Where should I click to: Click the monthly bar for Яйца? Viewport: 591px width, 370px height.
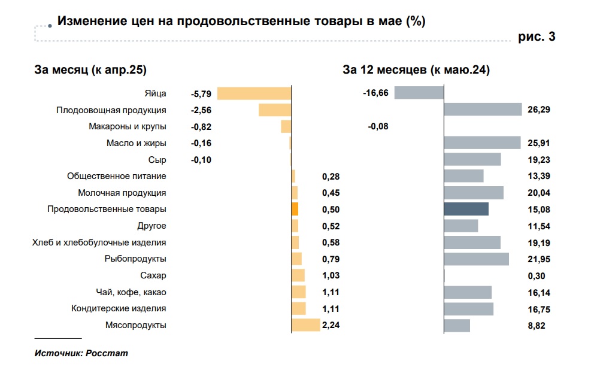pyautogui.click(x=254, y=93)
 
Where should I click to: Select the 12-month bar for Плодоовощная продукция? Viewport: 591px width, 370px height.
pyautogui.click(x=483, y=110)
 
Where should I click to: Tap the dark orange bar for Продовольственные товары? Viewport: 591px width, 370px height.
pyautogui.click(x=295, y=209)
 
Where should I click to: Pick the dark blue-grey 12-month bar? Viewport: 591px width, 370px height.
pyautogui.click(x=466, y=209)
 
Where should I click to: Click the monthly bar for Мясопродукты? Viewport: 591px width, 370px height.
pyautogui.click(x=305, y=325)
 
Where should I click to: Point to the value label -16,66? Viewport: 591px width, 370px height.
pyautogui.click(x=375, y=93)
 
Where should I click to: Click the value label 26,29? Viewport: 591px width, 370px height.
pyautogui.click(x=539, y=110)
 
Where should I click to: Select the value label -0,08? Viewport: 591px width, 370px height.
pyautogui.click(x=378, y=126)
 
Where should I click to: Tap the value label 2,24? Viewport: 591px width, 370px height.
pyautogui.click(x=331, y=325)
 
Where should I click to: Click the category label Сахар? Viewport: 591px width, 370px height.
pyautogui.click(x=153, y=275)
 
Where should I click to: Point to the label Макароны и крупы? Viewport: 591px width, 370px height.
pyautogui.click(x=127, y=126)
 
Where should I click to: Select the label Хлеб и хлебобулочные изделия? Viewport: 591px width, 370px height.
pyautogui.click(x=99, y=242)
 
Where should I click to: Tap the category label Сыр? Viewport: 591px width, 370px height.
pyautogui.click(x=157, y=160)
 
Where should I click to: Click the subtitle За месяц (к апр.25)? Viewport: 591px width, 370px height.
pyautogui.click(x=90, y=70)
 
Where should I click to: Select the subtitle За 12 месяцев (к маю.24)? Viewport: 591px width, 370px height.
pyautogui.click(x=416, y=70)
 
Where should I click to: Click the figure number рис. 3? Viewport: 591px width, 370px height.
pyautogui.click(x=537, y=37)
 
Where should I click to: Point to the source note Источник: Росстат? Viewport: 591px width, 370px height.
pyautogui.click(x=81, y=353)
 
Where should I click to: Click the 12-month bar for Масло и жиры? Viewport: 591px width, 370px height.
pyautogui.click(x=482, y=142)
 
